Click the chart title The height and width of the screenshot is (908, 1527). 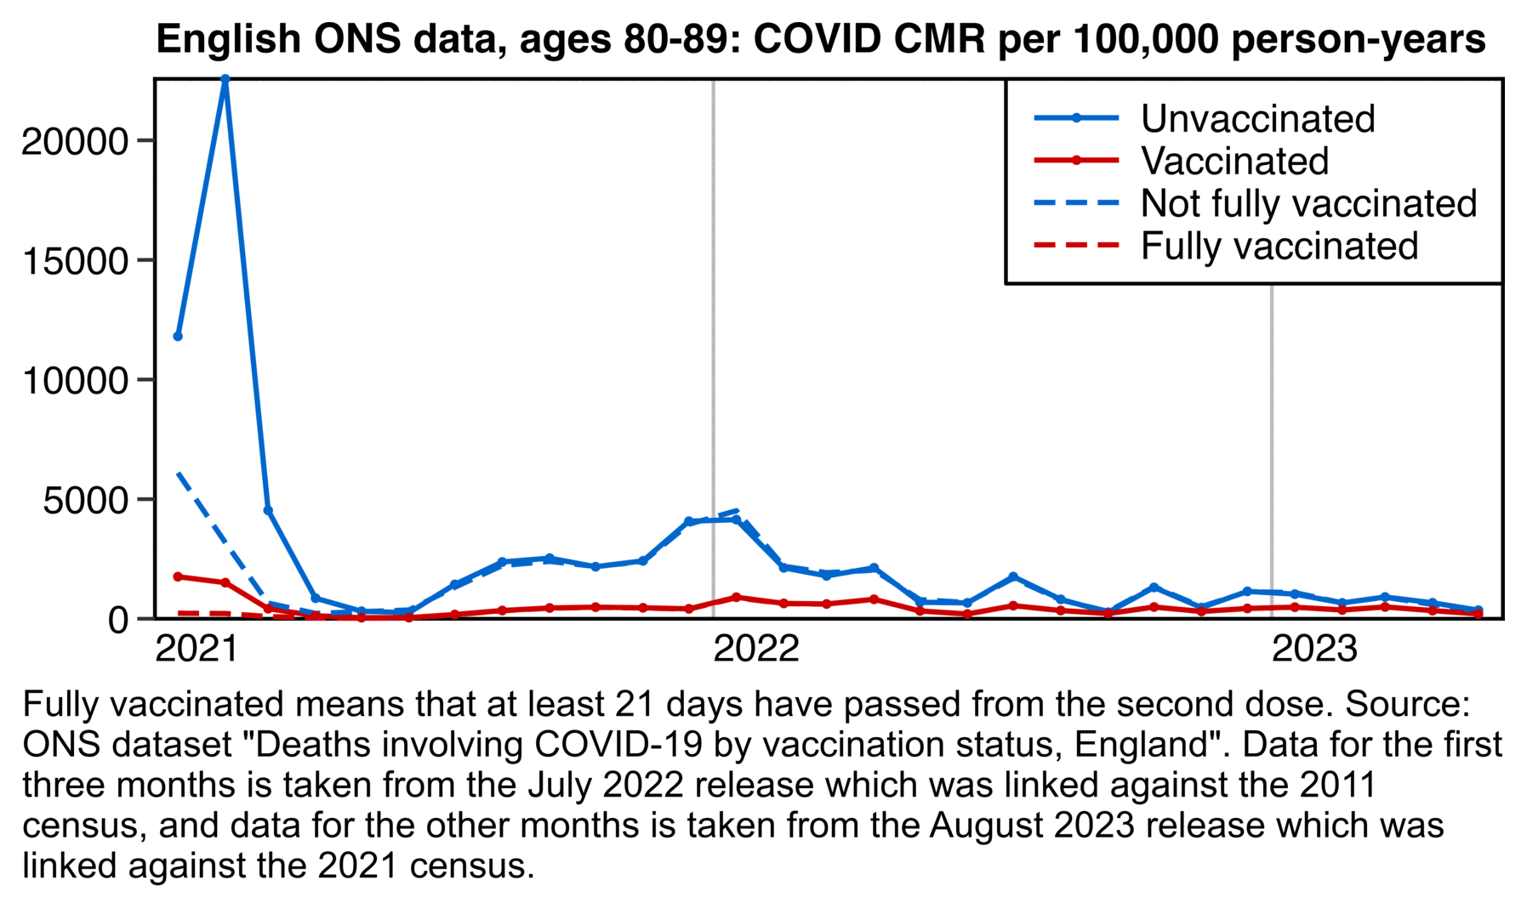[x=820, y=39]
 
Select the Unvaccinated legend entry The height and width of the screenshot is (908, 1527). [x=1256, y=119]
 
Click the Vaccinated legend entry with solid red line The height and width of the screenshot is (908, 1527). [x=1234, y=162]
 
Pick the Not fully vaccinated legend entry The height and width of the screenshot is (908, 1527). [x=1308, y=204]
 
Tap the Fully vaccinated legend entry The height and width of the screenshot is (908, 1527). [x=1279, y=247]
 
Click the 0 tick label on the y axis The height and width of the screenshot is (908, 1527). [x=118, y=620]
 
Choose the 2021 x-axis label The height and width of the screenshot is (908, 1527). [x=197, y=650]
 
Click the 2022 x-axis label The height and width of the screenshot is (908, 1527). [x=756, y=650]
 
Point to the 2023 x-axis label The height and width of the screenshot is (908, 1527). [x=1314, y=650]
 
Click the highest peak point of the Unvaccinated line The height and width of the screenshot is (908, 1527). [x=225, y=79]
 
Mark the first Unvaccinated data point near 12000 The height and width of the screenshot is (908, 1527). [x=178, y=337]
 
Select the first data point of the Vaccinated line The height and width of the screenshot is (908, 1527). [x=178, y=576]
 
